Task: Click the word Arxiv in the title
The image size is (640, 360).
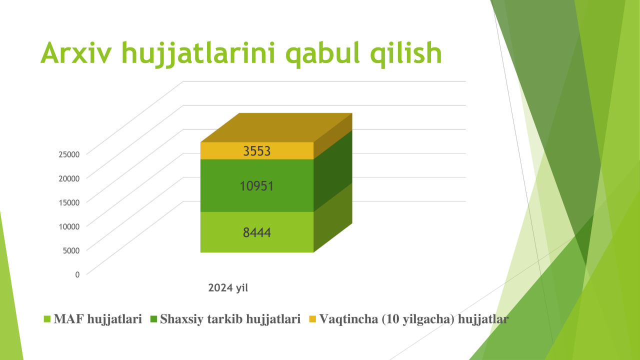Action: [76, 53]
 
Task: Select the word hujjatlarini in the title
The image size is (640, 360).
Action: [198, 54]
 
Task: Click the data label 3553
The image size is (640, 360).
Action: [256, 151]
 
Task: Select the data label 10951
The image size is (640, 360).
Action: [256, 186]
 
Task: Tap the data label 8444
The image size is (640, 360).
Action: [256, 232]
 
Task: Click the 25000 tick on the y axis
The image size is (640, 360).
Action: [69, 154]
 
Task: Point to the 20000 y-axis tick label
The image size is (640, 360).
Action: [69, 178]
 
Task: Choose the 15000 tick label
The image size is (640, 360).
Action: [69, 202]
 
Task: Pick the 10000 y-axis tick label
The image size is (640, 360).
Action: [69, 226]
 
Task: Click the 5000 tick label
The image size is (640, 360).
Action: [71, 250]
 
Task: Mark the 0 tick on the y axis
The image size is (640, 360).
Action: [77, 274]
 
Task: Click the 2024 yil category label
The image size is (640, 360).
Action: [228, 287]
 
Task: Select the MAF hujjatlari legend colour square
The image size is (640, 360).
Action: [47, 319]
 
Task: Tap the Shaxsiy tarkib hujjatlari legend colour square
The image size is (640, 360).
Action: [153, 319]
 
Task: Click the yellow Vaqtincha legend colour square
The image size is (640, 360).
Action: [312, 319]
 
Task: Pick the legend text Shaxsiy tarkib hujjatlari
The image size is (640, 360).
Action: [230, 319]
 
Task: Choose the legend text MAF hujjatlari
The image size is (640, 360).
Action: [97, 319]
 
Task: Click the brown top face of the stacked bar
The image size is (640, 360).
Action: [276, 127]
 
